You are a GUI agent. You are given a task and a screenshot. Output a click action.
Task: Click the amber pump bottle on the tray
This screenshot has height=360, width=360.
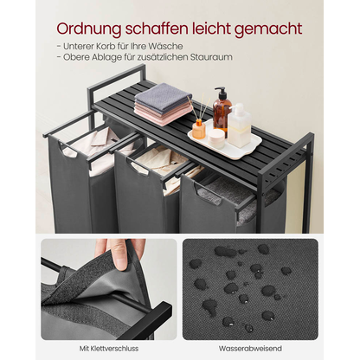(222, 114)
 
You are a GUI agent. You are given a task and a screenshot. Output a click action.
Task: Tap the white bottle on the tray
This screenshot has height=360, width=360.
(240, 125)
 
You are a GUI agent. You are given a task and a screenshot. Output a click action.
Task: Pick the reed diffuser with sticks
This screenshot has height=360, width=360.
(198, 125)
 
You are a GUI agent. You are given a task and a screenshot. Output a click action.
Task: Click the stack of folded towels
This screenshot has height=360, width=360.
(164, 105)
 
